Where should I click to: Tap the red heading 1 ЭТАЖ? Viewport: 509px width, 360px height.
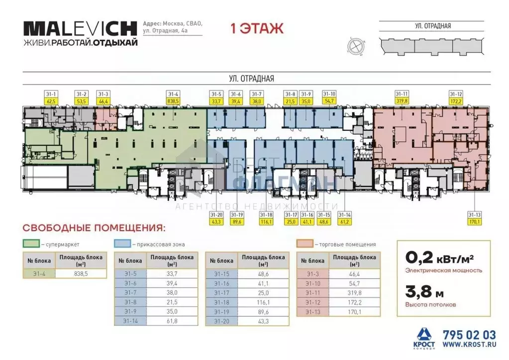pyautogui.click(x=257, y=28)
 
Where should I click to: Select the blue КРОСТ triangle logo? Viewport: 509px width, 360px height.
pyautogui.click(x=424, y=334)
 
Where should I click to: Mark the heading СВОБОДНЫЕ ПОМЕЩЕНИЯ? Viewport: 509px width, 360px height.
pyautogui.click(x=94, y=228)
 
